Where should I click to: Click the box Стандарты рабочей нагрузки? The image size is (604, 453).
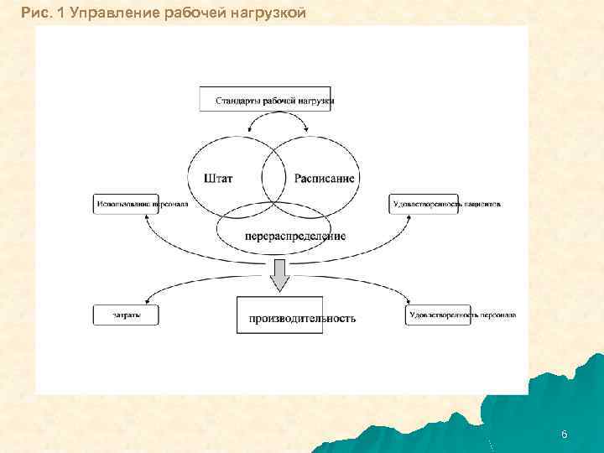click(267, 99)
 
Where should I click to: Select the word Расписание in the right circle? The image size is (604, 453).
click(324, 178)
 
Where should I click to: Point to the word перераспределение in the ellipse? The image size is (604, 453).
click(295, 236)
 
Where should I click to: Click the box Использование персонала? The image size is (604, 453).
click(142, 204)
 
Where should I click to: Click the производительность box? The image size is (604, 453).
click(301, 317)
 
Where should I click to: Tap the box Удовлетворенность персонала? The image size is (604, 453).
click(461, 315)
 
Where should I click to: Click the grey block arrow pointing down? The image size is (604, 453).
click(279, 273)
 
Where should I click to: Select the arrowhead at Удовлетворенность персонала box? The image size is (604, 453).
click(407, 303)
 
